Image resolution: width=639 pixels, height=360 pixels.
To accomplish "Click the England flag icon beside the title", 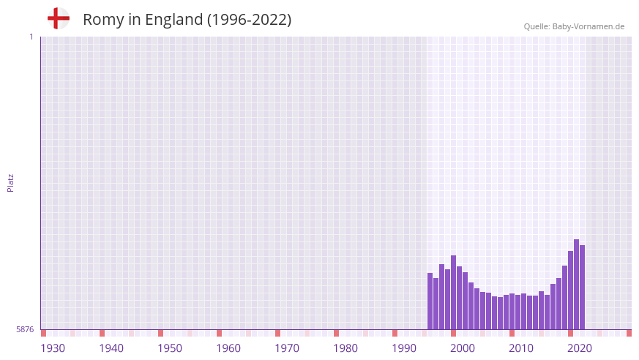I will coord(58,18).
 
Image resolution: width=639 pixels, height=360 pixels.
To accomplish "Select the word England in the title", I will coord(173,20).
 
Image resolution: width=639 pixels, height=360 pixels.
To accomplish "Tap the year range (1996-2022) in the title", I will coord(249,20).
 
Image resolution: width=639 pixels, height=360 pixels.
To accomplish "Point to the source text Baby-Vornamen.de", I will coord(588,26).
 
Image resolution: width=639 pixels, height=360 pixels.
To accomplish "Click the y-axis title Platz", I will coord(10,182).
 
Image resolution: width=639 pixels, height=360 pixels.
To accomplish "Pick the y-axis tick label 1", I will coord(31,37).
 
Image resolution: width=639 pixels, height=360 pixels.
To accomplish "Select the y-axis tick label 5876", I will coord(25,329).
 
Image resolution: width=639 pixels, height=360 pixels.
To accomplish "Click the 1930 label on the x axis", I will coord(53,348).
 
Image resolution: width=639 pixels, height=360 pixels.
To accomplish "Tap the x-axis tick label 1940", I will coord(111,348).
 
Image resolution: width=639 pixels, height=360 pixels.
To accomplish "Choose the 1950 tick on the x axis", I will coord(170,348).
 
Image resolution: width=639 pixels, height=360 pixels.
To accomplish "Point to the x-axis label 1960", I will coord(228,348).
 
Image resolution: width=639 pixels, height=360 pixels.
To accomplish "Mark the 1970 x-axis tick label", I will coord(287,348).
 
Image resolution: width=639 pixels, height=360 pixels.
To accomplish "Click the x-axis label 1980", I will coord(345,348).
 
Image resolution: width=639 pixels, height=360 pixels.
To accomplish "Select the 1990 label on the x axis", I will coord(404,348).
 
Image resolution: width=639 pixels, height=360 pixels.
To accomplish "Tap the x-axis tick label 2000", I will coord(463,348).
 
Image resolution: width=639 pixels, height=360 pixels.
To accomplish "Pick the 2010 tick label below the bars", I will coord(521,348).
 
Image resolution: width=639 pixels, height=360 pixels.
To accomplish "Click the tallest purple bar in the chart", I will coord(576,285).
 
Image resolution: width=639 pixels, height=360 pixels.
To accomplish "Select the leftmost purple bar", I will coord(430,301).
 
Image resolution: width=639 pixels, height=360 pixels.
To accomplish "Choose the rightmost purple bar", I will coord(582,288).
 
